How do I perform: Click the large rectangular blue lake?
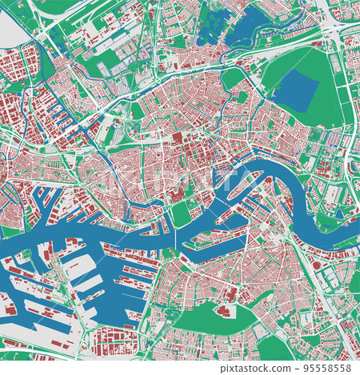click(x=300, y=90)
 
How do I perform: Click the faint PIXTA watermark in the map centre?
click(x=180, y=187)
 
